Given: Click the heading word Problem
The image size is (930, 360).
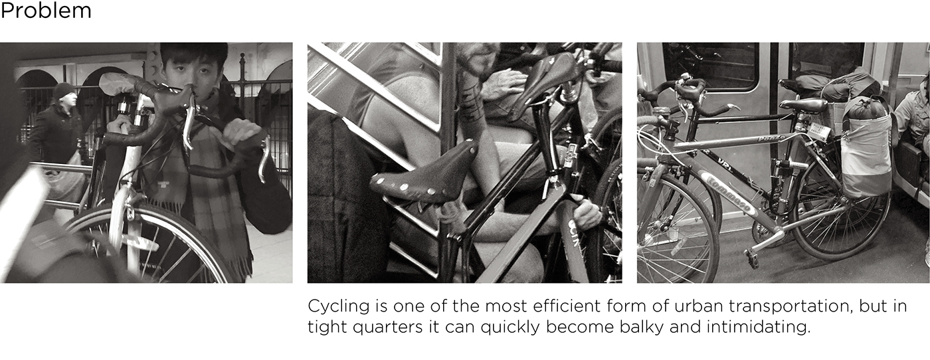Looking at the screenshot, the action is click(x=46, y=11).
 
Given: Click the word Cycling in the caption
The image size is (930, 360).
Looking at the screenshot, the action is click(x=338, y=307).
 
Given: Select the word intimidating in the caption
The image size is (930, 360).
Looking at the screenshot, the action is click(x=758, y=327).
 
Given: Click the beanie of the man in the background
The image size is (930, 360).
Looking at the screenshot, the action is click(x=64, y=90).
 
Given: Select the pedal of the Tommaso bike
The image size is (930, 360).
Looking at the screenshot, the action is click(x=752, y=256).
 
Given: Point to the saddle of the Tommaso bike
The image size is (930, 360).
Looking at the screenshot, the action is click(x=802, y=104).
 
